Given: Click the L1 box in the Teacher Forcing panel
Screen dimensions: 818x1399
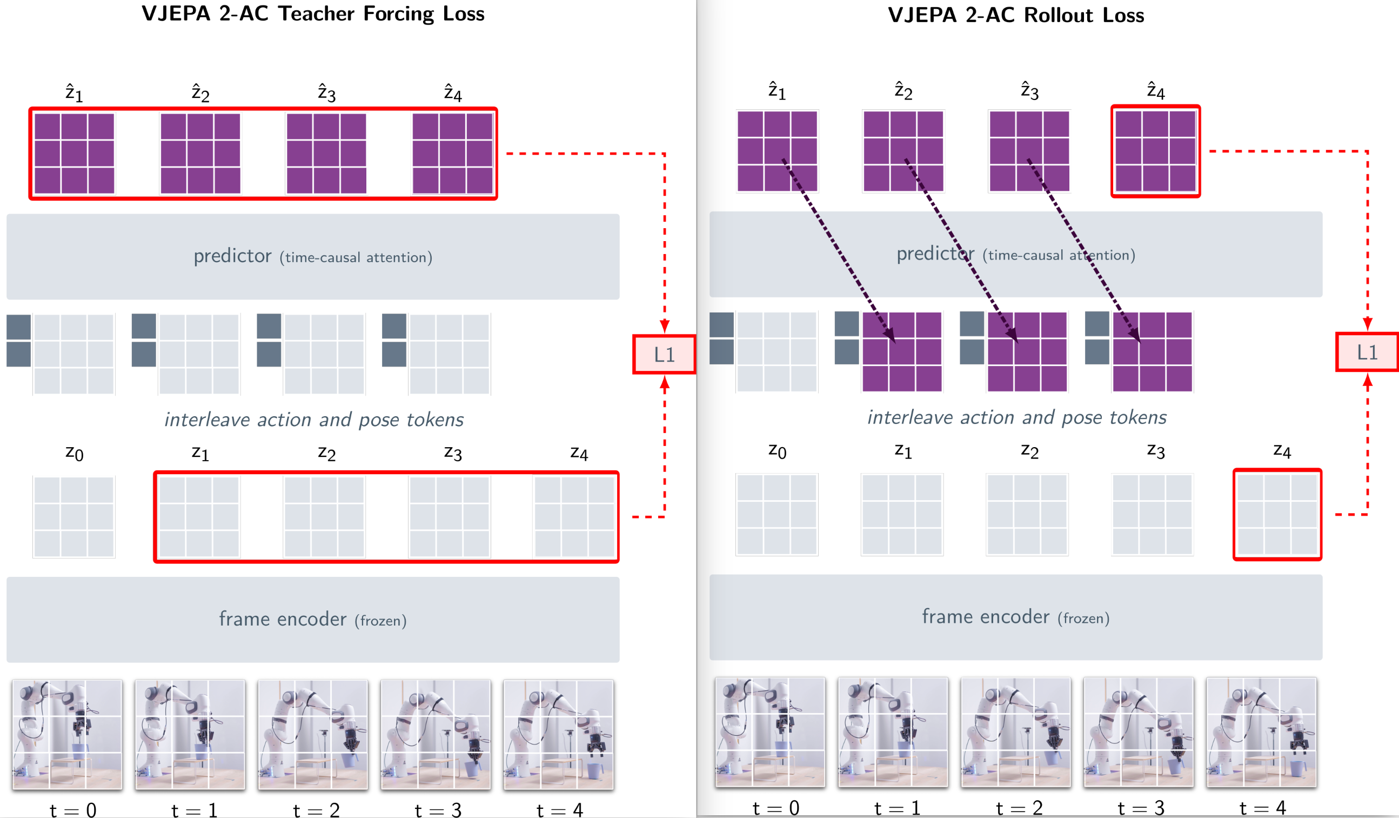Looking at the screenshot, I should pyautogui.click(x=664, y=354).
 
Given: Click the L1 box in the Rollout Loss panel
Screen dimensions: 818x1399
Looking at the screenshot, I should pyautogui.click(x=1367, y=352).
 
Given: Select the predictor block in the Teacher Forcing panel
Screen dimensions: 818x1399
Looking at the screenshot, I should pyautogui.click(x=312, y=257).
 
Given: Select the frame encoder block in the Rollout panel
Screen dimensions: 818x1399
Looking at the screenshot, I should pyautogui.click(x=1015, y=617).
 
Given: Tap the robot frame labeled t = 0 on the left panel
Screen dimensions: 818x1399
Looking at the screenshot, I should pyautogui.click(x=67, y=734).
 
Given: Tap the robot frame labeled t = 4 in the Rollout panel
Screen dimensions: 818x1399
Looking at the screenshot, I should pyautogui.click(x=1261, y=732).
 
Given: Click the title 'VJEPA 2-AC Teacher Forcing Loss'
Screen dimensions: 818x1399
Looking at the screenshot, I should pyautogui.click(x=312, y=14).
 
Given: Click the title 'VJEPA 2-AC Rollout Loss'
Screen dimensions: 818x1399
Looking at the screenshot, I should pyautogui.click(x=1016, y=15).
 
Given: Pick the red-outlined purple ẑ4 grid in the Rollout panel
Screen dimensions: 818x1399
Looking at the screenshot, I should pyautogui.click(x=1155, y=151).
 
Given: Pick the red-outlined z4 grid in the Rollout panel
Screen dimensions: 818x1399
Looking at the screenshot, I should pyautogui.click(x=1277, y=515).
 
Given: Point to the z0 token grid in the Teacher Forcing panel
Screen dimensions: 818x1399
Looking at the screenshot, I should pyautogui.click(x=74, y=517).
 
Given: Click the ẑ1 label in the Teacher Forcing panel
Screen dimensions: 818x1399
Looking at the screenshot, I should pyautogui.click(x=74, y=93).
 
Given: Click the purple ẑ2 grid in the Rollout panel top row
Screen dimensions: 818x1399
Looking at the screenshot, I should pyautogui.click(x=903, y=151).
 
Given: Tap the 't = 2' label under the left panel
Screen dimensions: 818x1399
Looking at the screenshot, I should pyautogui.click(x=316, y=810).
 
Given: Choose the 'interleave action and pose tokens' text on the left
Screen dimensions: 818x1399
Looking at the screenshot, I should pyautogui.click(x=313, y=420).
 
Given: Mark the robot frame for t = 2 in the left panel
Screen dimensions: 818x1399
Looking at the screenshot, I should pyautogui.click(x=312, y=734).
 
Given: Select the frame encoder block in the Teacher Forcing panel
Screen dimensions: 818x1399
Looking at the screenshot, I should pyautogui.click(x=312, y=619).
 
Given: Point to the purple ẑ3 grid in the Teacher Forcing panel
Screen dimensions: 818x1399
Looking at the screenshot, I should pyautogui.click(x=326, y=153).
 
